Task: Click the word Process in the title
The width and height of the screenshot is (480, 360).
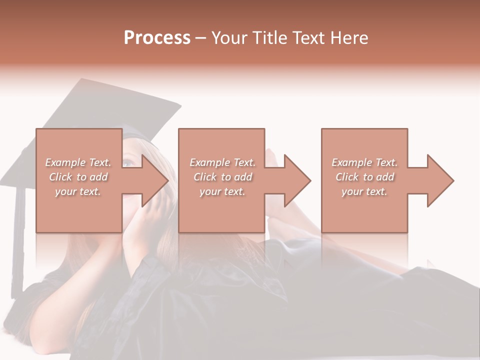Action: (157, 38)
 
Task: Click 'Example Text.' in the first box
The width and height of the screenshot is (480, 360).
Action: (78, 162)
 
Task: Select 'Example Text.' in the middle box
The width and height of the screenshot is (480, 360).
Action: (222, 162)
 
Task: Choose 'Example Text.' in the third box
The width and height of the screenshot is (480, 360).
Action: (364, 162)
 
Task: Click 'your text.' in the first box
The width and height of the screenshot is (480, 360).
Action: (77, 191)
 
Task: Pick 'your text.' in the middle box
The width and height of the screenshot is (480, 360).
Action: (222, 191)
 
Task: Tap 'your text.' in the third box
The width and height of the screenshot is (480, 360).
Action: (364, 191)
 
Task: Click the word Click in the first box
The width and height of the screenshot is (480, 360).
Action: (60, 177)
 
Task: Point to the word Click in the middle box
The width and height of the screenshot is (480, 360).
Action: (205, 177)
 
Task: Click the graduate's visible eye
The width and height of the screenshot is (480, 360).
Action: (128, 162)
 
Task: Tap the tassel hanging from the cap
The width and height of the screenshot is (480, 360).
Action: (19, 235)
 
